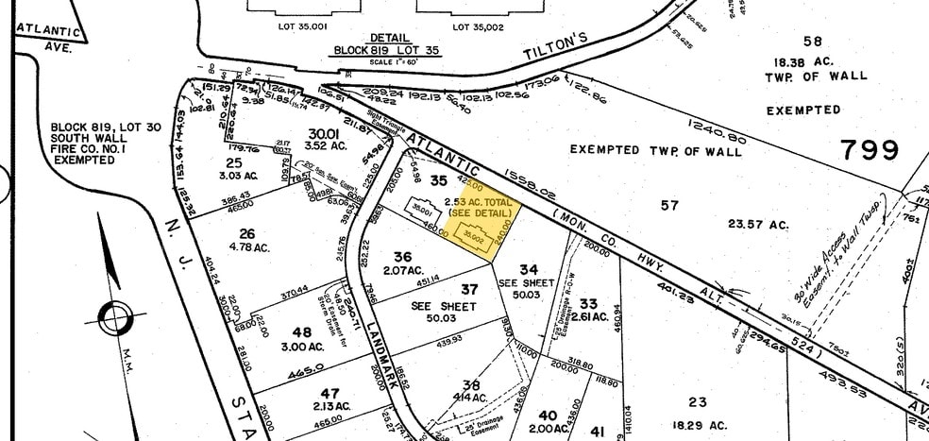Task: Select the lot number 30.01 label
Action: [324, 134]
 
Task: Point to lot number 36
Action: [404, 255]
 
